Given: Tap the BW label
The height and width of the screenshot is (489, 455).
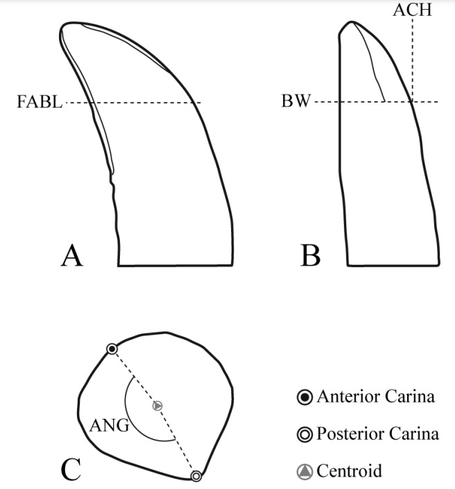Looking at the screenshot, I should [296, 103].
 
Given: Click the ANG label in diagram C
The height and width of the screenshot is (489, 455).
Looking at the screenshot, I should [109, 426].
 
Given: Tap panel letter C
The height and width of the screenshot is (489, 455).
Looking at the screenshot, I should [72, 470].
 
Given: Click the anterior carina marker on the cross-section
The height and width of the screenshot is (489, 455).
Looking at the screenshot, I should [111, 349].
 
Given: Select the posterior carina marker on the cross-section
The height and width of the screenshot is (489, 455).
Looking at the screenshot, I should [196, 476].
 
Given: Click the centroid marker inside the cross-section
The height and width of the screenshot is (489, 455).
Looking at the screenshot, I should [157, 405].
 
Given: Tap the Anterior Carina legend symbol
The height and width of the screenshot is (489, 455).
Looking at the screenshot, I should [304, 397].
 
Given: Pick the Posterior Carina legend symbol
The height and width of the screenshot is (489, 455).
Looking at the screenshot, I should [304, 435].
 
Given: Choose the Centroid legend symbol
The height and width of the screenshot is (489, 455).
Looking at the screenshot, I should [304, 472].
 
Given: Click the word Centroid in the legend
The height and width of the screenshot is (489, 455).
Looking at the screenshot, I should [349, 472].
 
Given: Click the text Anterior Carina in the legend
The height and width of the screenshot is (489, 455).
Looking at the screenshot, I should [375, 397].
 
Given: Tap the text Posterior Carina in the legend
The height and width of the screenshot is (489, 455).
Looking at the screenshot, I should [377, 435].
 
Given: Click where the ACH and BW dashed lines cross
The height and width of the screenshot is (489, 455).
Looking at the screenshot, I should [412, 103].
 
